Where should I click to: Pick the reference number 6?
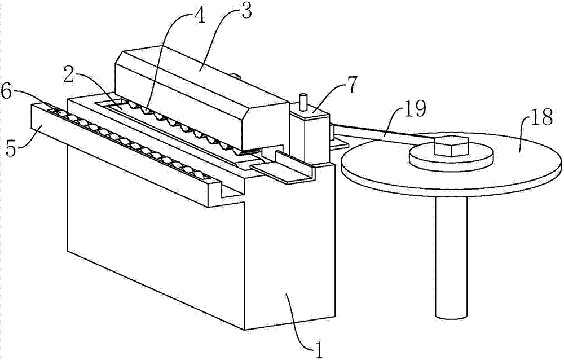point(7,93)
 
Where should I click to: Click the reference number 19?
point(415,108)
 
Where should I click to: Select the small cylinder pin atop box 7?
point(303,102)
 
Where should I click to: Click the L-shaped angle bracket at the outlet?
point(284,169)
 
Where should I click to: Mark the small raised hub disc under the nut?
point(451,158)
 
